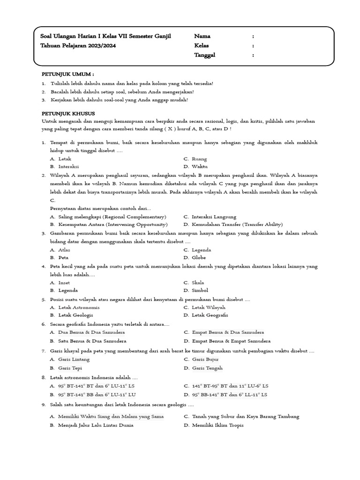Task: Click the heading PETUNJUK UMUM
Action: point(67,74)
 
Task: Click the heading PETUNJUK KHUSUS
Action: point(68,113)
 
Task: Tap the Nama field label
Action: point(202,36)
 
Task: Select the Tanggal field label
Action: point(205,55)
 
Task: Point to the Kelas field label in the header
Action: point(202,45)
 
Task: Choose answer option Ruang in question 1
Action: point(199,159)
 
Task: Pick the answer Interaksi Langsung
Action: point(214,217)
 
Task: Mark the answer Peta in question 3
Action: point(63,257)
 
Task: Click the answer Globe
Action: point(199,257)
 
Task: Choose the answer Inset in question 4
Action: point(64,283)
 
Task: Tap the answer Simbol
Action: point(201,290)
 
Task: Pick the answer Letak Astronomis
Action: point(79,307)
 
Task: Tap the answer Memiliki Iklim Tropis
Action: point(218,425)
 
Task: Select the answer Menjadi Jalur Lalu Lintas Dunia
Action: point(96,425)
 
